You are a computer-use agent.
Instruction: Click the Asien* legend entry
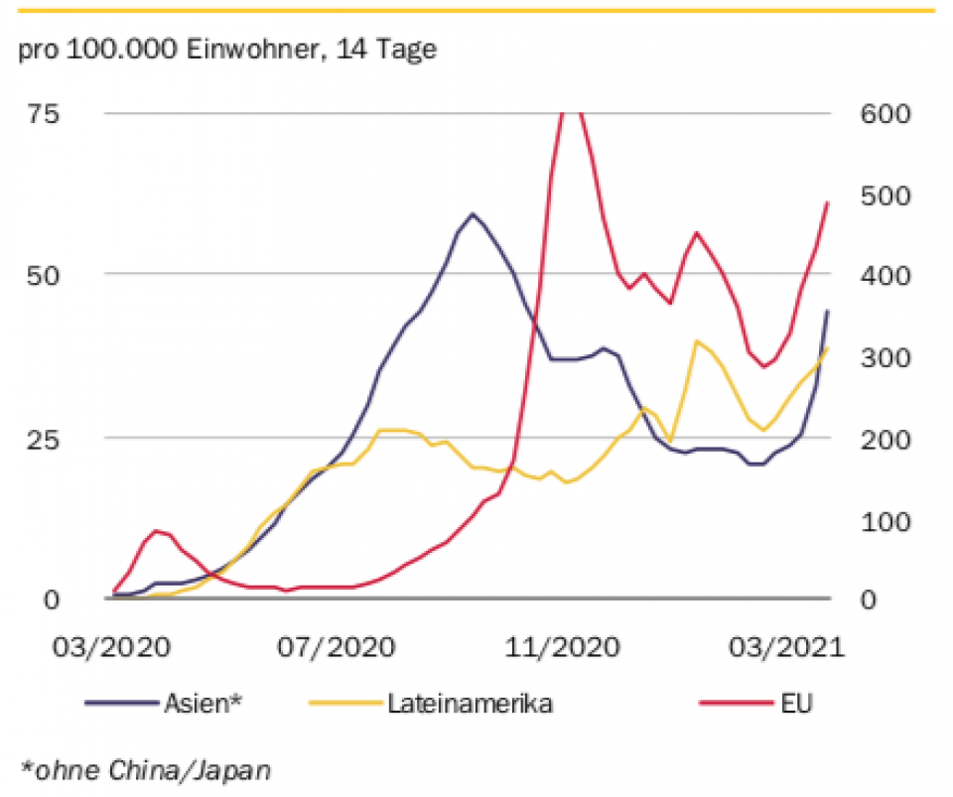(203, 704)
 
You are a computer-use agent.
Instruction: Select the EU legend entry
(794, 704)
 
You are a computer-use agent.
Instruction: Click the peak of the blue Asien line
(473, 213)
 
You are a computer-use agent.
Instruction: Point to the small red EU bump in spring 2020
(156, 531)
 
